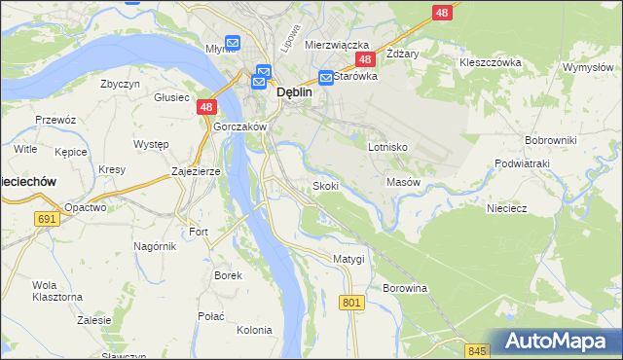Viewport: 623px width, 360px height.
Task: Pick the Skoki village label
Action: point(325,185)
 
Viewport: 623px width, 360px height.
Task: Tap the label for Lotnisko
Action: point(387,147)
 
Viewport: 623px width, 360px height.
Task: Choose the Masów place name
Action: point(403,182)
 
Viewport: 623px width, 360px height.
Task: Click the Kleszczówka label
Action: point(491,62)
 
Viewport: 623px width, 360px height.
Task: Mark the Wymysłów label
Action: point(587,67)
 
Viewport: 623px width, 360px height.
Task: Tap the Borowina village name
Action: point(405,289)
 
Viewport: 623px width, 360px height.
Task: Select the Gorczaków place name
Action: point(238,127)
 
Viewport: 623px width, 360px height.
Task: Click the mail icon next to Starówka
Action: point(327,77)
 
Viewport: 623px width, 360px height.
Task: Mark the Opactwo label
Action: point(85,207)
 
